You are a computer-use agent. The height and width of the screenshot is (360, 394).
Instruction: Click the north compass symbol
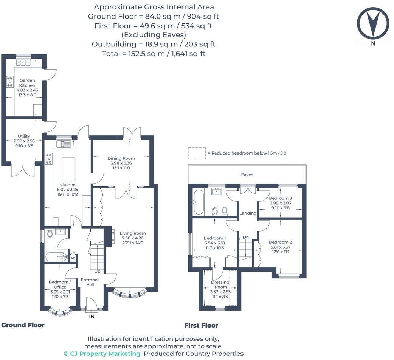pos(373,23)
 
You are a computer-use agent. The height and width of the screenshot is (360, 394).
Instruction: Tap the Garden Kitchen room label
pos(27,83)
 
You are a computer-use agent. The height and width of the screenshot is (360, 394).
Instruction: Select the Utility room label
pos(24,136)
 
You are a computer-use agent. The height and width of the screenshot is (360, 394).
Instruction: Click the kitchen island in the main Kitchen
pos(68,170)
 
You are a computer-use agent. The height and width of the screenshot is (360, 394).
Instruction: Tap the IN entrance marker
pos(92,317)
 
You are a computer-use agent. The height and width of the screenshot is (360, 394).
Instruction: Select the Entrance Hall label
pos(90,282)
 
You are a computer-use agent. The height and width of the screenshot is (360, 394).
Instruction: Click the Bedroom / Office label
pos(60,284)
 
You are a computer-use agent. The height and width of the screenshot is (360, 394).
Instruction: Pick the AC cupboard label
pos(73,258)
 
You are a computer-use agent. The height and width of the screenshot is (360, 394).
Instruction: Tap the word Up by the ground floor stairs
pos(97,272)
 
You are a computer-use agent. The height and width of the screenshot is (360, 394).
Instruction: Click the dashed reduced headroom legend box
pos(197,153)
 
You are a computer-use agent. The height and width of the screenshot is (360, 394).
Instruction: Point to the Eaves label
pos(247,175)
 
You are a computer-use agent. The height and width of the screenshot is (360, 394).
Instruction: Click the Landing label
pos(248,213)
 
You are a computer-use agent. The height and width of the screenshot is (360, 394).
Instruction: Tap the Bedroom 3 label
pos(280,198)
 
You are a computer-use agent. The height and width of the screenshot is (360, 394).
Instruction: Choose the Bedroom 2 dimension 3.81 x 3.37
pos(280,247)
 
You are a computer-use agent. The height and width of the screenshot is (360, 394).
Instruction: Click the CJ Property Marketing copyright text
pos(102,354)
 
